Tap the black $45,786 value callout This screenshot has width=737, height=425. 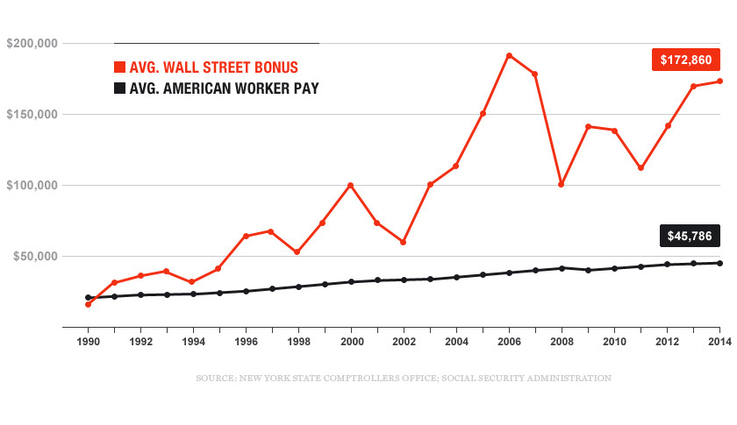coord(689,236)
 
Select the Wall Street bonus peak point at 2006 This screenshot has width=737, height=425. coord(509,55)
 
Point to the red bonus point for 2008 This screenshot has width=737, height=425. coord(562,184)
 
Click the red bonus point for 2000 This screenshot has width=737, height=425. coord(351,185)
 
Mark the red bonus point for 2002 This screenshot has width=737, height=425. coord(404,242)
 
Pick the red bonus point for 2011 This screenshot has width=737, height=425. coord(641,167)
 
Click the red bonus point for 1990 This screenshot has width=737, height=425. coord(88,304)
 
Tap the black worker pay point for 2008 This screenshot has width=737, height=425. coord(562,267)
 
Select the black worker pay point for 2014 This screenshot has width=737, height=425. coord(720,263)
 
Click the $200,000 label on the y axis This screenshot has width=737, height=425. coord(32,43)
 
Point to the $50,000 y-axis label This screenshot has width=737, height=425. coord(34,257)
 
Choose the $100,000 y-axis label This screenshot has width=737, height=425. coord(32,186)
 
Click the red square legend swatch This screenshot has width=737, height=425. coord(120,67)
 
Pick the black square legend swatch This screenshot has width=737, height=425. coord(120,88)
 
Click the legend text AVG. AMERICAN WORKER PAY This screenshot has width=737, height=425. coord(224,88)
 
